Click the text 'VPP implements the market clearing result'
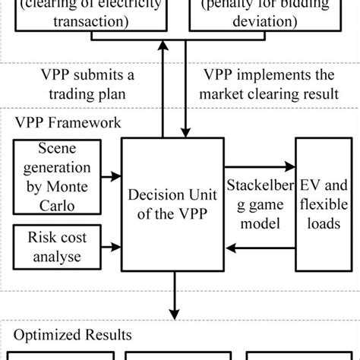[269, 87]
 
